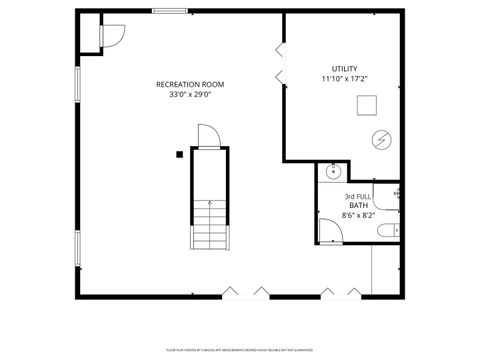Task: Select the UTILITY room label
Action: [331, 68]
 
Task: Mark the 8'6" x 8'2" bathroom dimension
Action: [357, 215]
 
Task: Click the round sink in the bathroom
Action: [332, 172]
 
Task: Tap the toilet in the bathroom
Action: [386, 231]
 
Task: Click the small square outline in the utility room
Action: [367, 103]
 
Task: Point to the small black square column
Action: [179, 153]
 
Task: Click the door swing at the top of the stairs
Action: [207, 136]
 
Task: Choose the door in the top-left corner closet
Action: [110, 36]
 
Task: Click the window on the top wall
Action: [170, 11]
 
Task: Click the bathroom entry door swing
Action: [329, 230]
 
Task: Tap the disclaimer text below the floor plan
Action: [239, 350]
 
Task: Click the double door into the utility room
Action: [280, 63]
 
